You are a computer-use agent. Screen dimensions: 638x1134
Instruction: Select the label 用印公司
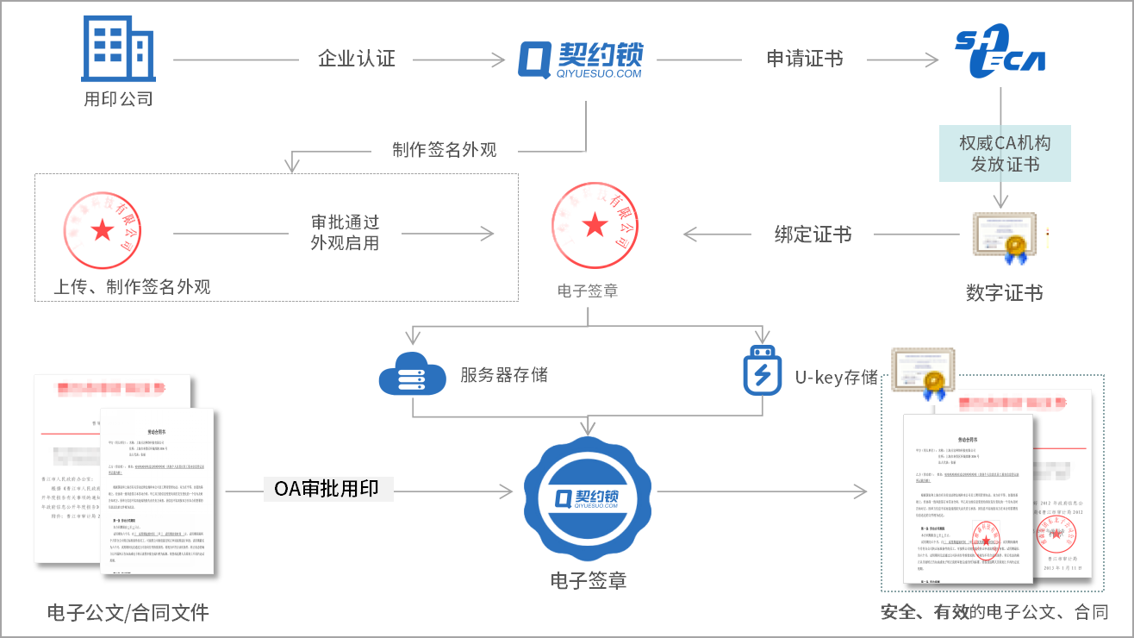coord(118,98)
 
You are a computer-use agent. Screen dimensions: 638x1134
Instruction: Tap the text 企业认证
coord(356,59)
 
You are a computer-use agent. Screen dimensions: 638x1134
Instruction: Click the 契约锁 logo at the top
coord(581,59)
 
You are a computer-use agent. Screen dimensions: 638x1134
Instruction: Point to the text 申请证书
coord(804,59)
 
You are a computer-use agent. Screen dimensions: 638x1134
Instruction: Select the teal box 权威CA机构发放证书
coord(1005,153)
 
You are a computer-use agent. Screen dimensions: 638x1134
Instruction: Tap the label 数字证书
coord(1004,293)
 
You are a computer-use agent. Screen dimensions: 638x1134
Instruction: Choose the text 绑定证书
coord(813,234)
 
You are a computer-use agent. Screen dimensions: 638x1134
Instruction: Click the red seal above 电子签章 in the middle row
coord(595,225)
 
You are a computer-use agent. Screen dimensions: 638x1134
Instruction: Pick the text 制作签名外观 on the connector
coord(445,149)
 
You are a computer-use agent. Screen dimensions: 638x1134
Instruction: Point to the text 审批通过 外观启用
coord(345,232)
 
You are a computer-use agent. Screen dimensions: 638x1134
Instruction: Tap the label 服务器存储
coord(503,374)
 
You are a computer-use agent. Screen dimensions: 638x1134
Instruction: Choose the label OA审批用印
coord(328,489)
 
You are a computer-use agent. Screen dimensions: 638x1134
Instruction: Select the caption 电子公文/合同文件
coord(128,613)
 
